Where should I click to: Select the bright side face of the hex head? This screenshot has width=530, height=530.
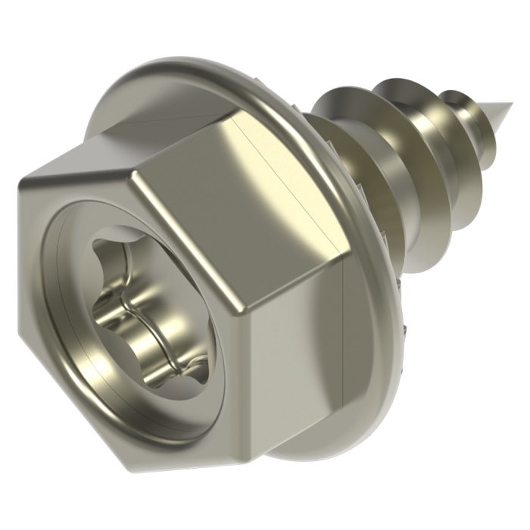[x=235, y=220]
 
